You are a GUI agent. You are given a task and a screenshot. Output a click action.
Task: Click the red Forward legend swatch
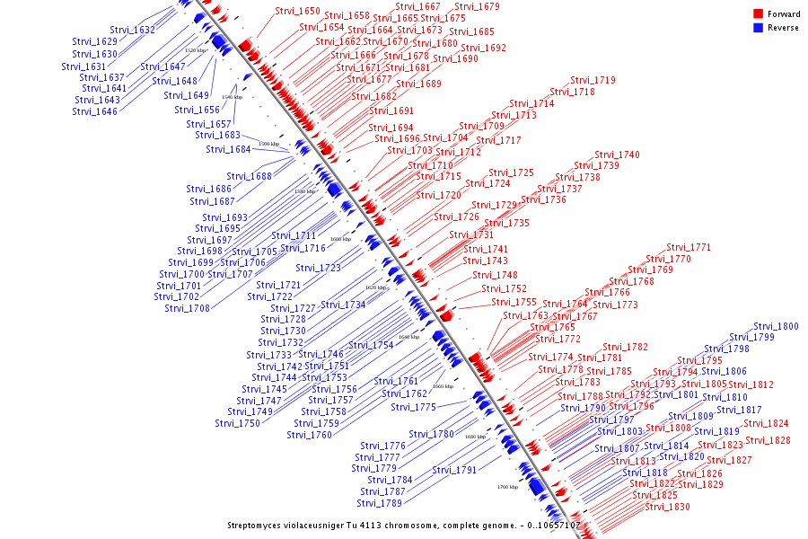pyautogui.click(x=759, y=14)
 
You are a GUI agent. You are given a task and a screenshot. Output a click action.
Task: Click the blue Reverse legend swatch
pyautogui.click(x=759, y=28)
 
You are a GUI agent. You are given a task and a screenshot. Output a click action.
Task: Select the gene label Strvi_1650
pyautogui.click(x=297, y=12)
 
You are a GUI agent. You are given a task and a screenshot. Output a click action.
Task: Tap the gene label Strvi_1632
pyautogui.click(x=132, y=31)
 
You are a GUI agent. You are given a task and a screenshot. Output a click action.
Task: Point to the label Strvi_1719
pyautogui.click(x=593, y=81)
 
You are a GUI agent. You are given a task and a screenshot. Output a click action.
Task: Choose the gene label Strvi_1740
pyautogui.click(x=617, y=155)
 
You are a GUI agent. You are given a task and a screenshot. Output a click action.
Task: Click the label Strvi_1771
pyautogui.click(x=688, y=248)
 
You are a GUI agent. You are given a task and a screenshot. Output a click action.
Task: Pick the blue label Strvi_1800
pyautogui.click(x=776, y=326)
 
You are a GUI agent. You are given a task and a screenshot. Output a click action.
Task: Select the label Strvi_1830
pyautogui.click(x=668, y=508)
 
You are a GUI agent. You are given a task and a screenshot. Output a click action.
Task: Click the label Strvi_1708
pyautogui.click(x=187, y=309)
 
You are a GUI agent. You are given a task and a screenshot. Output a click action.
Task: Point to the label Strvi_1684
pyautogui.click(x=227, y=150)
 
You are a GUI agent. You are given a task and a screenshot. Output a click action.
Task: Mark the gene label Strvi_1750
pyautogui.click(x=237, y=424)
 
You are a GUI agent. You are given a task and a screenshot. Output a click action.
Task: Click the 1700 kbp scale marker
pyautogui.click(x=507, y=487)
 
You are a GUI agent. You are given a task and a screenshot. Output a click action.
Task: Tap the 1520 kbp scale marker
pyautogui.click(x=196, y=50)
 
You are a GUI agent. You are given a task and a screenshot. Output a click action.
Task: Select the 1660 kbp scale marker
pyautogui.click(x=443, y=386)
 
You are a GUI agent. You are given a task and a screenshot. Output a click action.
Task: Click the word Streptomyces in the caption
pyautogui.click(x=261, y=525)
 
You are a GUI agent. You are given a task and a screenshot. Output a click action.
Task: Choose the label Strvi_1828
pyautogui.click(x=768, y=441)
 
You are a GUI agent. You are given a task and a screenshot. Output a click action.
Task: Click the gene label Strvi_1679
pyautogui.click(x=478, y=7)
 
